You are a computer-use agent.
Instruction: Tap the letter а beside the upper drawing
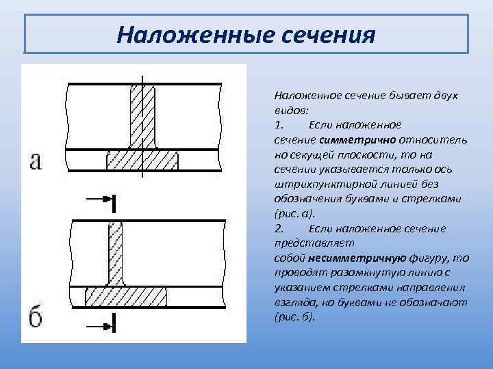pos(36,161)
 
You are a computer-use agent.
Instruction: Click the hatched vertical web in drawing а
pos(142,117)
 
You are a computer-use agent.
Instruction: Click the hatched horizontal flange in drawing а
pos(142,161)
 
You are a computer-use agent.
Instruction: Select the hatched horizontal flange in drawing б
pos(127,298)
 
